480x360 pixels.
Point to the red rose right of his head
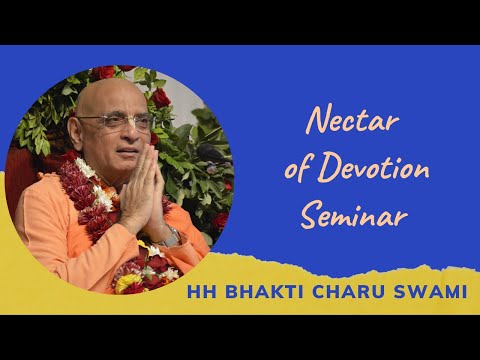(x=160, y=97)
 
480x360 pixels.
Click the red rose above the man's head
(x=105, y=72)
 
